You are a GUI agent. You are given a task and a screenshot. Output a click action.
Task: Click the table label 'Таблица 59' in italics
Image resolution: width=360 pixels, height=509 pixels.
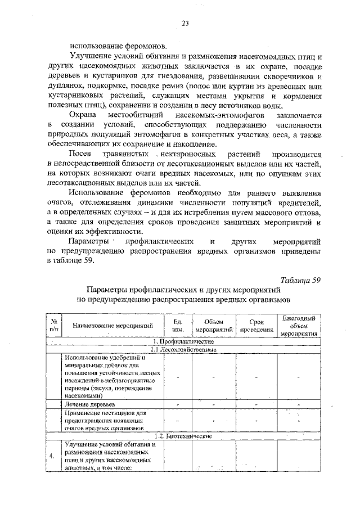(300, 281)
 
